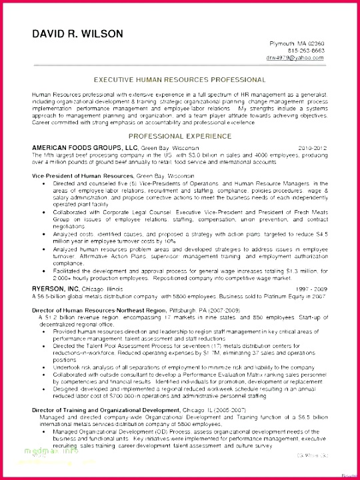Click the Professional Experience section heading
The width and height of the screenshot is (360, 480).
click(x=179, y=136)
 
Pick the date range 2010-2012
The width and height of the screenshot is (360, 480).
click(x=313, y=146)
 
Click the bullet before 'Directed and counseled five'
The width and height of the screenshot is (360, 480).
click(x=45, y=182)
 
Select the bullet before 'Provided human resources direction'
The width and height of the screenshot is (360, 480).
click(x=45, y=331)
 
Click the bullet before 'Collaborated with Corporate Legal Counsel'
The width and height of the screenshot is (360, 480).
click(x=45, y=212)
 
